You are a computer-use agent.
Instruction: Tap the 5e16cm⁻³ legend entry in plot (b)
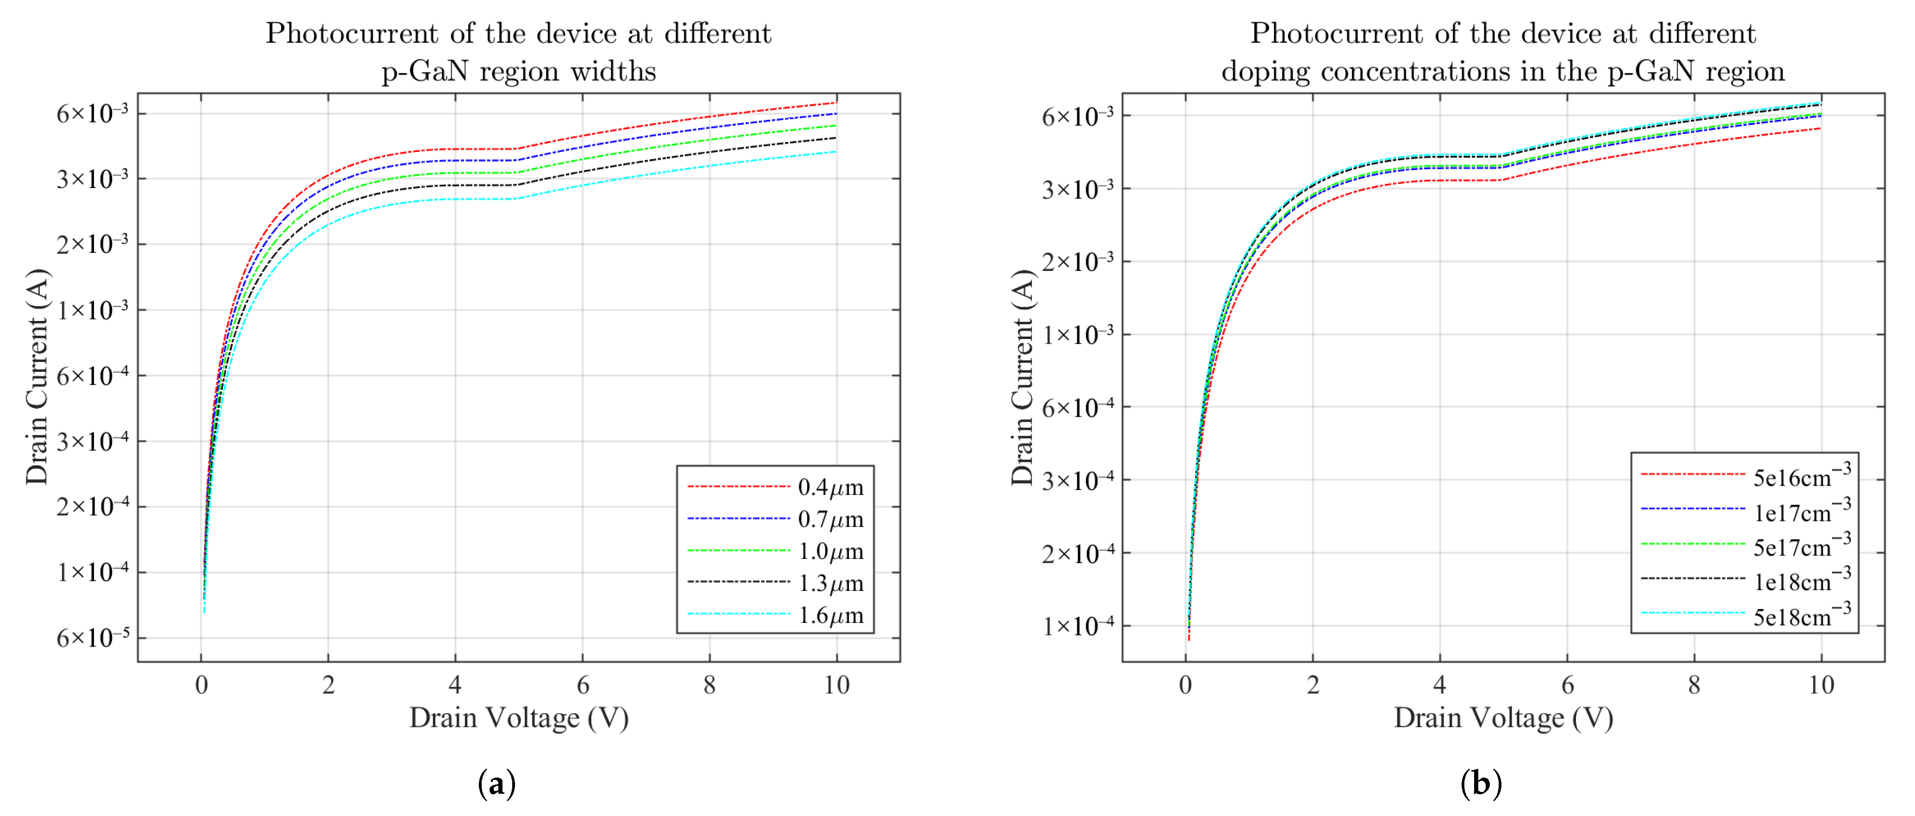[x=1801, y=476]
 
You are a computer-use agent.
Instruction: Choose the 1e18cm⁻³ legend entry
[x=1801, y=580]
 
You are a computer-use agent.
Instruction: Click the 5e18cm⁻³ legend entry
[x=1801, y=615]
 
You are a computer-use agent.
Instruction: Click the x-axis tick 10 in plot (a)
[x=836, y=684]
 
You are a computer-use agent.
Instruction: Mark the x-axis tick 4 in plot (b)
[x=1440, y=684]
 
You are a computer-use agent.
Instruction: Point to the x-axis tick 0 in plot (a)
[x=201, y=684]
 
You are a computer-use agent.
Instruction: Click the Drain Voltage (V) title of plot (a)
[x=519, y=718]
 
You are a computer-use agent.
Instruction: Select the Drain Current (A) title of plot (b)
[x=1023, y=377]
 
